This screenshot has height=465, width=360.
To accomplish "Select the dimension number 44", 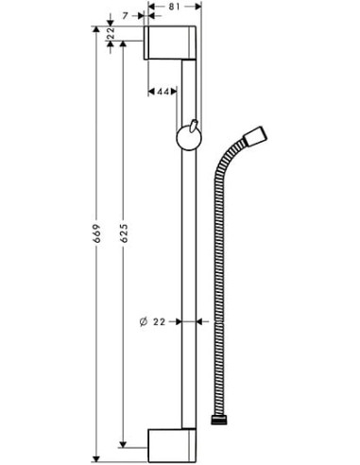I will coord(163,91).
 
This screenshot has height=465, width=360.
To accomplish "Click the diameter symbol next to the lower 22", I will coord(142,321).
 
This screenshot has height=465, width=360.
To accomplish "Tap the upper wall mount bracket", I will coord(170,43).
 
